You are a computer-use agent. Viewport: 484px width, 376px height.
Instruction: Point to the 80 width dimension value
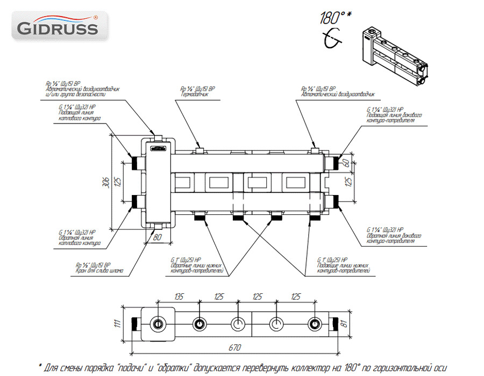click(x=158, y=236)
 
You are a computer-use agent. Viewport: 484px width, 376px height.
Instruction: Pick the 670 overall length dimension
click(x=234, y=349)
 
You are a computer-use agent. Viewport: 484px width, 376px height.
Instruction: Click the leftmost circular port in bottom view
click(x=159, y=324)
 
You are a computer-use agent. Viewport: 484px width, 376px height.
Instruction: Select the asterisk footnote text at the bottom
click(x=242, y=368)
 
